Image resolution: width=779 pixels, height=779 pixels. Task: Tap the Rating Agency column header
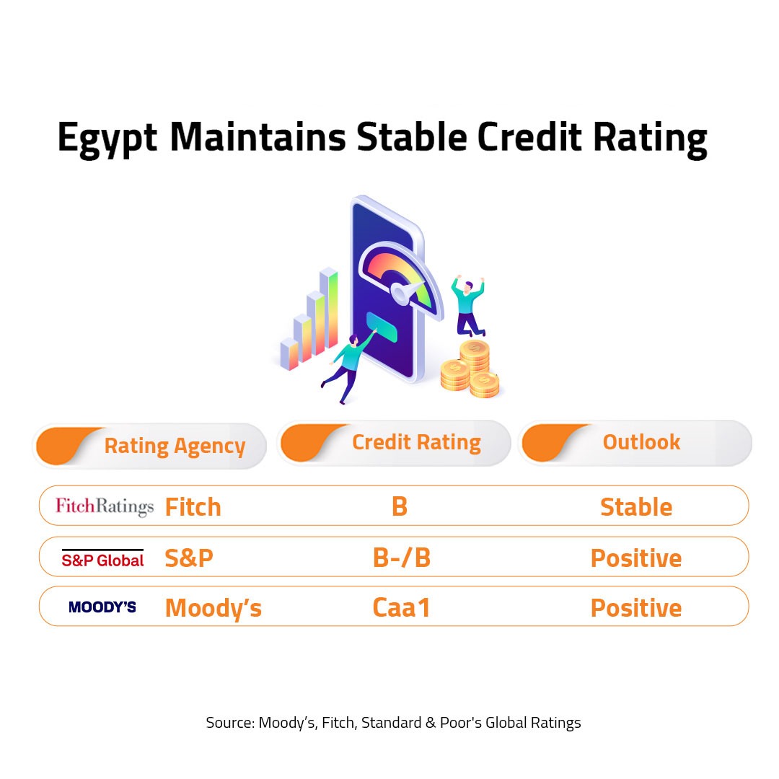pos(175,446)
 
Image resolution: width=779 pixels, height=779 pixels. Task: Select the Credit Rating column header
pos(416,443)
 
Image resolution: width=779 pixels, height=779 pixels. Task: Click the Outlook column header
pos(641,442)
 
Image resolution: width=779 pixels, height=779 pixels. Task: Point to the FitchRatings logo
pos(105,506)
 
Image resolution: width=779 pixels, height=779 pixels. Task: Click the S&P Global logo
pos(102,558)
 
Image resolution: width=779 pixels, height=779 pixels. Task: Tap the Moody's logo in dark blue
pos(102,607)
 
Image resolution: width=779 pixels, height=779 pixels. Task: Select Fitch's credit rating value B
pos(400,507)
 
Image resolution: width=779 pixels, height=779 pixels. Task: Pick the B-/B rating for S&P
pos(402,558)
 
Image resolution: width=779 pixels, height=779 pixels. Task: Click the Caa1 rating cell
pos(402,607)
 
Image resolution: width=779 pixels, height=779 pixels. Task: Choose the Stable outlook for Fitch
pos(636,507)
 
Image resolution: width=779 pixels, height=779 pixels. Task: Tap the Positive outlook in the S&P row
pos(636,558)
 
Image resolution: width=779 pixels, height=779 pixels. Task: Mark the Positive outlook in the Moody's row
pos(636,608)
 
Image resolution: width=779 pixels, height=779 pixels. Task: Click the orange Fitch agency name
pos(193,507)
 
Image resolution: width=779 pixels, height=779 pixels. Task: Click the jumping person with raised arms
pos(467,306)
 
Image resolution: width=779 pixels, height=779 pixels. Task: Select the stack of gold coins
pos(470,369)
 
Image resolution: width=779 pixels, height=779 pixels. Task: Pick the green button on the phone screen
pos(382,327)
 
